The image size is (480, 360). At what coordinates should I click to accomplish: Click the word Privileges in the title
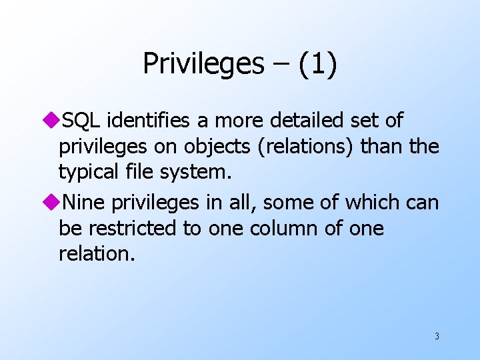203,64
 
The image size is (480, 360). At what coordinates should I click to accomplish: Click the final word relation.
96,253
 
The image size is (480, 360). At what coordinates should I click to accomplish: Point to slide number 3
437,336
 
